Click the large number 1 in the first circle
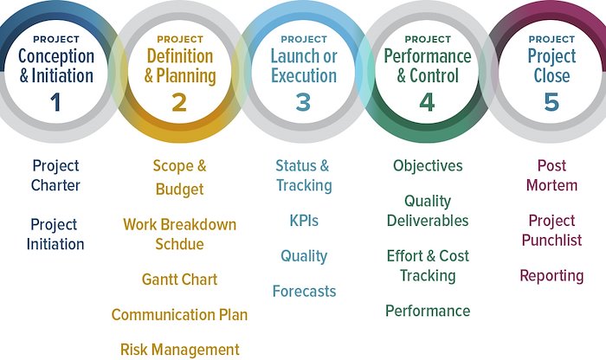pyautogui.click(x=55, y=102)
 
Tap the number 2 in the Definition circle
pyautogui.click(x=179, y=102)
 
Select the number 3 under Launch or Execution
pyautogui.click(x=303, y=102)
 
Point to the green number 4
pyautogui.click(x=427, y=102)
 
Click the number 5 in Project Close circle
pyautogui.click(x=551, y=102)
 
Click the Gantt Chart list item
pyautogui.click(x=180, y=280)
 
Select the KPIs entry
pyautogui.click(x=304, y=221)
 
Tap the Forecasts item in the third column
pyautogui.click(x=304, y=292)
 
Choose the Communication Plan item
pyautogui.click(x=180, y=315)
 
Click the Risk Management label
pyautogui.click(x=180, y=350)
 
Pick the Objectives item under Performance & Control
pyautogui.click(x=428, y=166)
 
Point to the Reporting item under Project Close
pyautogui.click(x=551, y=276)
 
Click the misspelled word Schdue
pyautogui.click(x=180, y=244)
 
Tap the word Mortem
pyautogui.click(x=552, y=185)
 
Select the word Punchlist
pyautogui.click(x=552, y=241)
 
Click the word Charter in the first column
pyautogui.click(x=55, y=185)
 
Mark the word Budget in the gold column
pyautogui.click(x=180, y=190)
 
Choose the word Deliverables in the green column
pyautogui.click(x=428, y=221)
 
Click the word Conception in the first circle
pyautogui.click(x=56, y=57)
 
